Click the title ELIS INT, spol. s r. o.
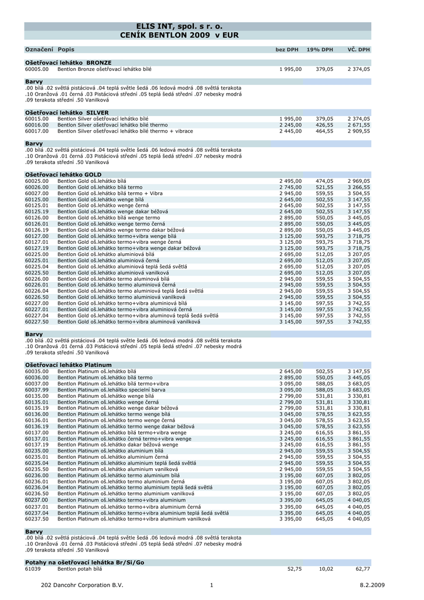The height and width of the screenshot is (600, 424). [179, 26]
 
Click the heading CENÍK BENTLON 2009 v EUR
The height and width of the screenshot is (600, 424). [179, 35]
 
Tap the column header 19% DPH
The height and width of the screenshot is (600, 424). [320, 50]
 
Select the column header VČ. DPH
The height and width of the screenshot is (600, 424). [358, 50]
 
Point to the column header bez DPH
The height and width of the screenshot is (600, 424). [287, 50]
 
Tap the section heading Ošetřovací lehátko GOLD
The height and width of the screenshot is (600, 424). [63, 175]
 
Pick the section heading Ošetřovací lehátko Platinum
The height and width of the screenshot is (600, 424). [68, 365]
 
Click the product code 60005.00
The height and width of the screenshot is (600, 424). [37, 69]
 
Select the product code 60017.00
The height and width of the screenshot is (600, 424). [37, 131]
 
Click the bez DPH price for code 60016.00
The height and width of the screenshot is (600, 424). [290, 125]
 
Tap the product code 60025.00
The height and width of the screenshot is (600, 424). [37, 181]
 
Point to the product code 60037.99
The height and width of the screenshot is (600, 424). [37, 389]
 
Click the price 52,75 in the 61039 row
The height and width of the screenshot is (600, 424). [294, 568]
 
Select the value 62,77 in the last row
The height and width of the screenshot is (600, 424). [363, 568]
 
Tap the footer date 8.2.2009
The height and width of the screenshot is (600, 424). [372, 585]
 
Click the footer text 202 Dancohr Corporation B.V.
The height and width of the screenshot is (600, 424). [83, 585]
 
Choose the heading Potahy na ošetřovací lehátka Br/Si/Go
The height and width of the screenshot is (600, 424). [84, 562]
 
